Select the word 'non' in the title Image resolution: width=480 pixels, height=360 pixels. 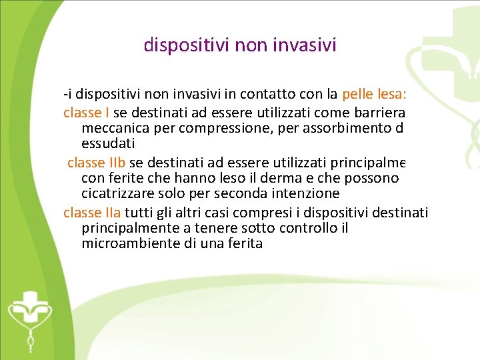258,45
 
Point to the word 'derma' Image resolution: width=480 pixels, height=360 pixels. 282,179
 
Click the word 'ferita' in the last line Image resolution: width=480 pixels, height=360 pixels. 243,244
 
